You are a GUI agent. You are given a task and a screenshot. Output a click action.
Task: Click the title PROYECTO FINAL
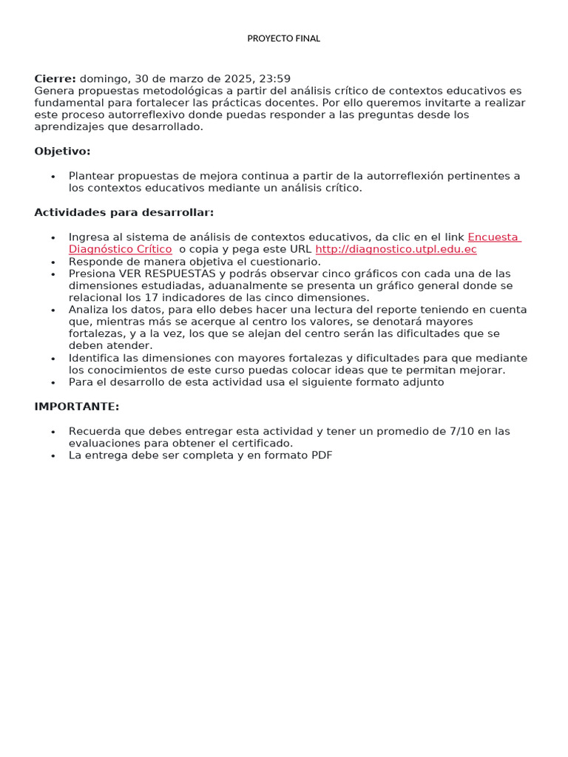click(x=283, y=38)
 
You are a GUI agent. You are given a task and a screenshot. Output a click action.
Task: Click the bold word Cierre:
click(x=55, y=78)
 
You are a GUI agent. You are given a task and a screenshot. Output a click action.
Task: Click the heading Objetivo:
click(x=62, y=152)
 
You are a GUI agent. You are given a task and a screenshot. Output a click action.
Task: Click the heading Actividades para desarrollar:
click(x=124, y=213)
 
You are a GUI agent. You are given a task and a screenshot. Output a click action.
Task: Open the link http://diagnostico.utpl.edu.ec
click(x=396, y=249)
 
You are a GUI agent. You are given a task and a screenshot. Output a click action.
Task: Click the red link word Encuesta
click(x=493, y=237)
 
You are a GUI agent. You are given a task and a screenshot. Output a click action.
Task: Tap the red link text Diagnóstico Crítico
click(x=120, y=249)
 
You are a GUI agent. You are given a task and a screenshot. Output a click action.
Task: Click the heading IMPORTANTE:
click(x=76, y=407)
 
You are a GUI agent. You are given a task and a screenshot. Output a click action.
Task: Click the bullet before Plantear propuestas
click(x=53, y=177)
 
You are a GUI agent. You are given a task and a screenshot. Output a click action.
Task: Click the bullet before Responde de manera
click(x=53, y=262)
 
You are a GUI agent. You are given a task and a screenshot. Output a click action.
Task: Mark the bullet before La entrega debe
click(x=53, y=456)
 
